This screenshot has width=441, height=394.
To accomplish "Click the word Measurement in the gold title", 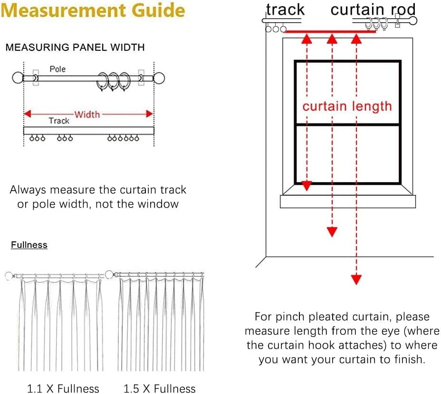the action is (x=64, y=10).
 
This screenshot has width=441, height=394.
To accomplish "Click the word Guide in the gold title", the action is (x=158, y=10).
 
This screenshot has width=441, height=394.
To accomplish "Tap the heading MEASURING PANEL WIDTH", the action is (x=75, y=47).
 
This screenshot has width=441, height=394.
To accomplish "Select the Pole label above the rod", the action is (x=58, y=69).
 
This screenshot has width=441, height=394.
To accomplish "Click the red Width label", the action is (x=87, y=115).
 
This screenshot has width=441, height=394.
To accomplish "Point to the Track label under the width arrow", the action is (x=59, y=121).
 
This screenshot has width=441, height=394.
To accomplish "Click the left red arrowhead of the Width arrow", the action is (x=28, y=114).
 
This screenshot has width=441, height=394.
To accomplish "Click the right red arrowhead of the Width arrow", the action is (x=149, y=114).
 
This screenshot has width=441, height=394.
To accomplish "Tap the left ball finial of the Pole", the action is (x=18, y=78).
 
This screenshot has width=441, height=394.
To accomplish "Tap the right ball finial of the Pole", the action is (x=159, y=78).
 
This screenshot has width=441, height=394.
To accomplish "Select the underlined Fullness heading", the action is (x=29, y=245).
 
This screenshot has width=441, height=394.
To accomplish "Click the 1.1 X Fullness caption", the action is (x=63, y=389).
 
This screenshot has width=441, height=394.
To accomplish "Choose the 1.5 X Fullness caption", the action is (x=160, y=389).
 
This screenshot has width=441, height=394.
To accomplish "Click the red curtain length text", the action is (x=347, y=106).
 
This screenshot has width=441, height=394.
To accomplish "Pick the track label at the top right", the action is (x=285, y=10).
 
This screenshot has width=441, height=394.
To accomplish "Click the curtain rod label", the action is (x=373, y=10).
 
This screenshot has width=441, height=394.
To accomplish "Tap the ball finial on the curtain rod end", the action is (x=413, y=20).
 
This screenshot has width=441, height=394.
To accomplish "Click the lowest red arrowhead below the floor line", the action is (x=356, y=280).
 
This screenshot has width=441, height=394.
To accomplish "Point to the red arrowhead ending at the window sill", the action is (x=307, y=186).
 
